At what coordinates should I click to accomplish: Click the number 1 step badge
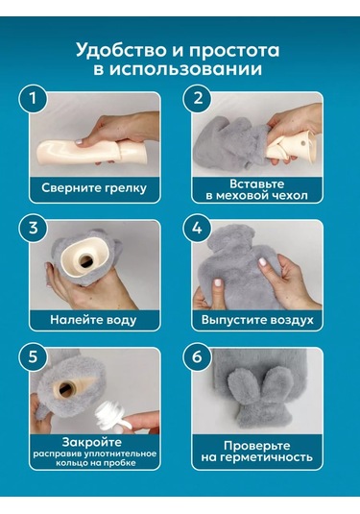35,99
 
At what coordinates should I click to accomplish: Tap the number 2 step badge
199,99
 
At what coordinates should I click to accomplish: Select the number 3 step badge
35,228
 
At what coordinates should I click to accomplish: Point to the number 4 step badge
199,228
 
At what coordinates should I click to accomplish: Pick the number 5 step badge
35,356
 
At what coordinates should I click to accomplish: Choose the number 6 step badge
199,356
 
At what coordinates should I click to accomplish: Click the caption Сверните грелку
93,189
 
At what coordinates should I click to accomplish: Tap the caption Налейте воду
93,318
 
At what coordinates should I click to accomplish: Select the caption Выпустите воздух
257,318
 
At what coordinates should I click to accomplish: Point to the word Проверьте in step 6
257,444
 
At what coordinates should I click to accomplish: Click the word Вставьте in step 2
257,182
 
